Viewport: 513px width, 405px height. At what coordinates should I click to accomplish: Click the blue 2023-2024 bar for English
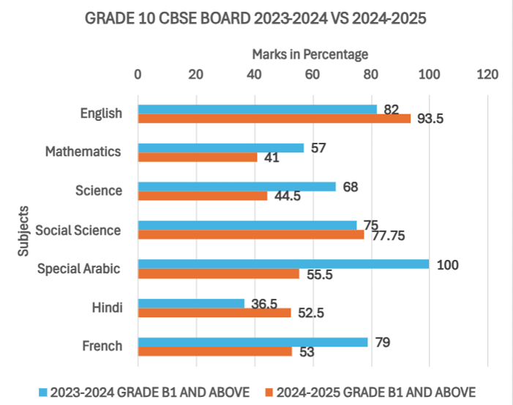click(257, 109)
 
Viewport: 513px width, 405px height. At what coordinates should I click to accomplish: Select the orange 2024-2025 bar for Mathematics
click(198, 157)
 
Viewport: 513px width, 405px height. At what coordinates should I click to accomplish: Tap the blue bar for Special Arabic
click(283, 264)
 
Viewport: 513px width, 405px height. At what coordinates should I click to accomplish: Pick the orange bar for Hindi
click(214, 313)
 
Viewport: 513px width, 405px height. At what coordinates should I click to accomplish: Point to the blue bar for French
click(252, 342)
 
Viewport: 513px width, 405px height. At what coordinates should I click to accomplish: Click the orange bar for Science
click(203, 196)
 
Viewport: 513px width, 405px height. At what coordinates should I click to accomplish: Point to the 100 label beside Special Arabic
click(448, 264)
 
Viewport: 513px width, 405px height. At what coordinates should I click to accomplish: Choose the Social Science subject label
click(79, 230)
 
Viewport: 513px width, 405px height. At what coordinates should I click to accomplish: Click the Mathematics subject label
click(83, 152)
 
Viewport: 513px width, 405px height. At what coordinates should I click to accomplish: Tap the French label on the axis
click(101, 346)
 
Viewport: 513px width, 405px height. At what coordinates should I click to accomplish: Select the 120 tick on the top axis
click(487, 74)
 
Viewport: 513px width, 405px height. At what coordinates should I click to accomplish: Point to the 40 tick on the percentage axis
click(254, 74)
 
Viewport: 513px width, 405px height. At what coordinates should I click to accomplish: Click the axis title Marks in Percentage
click(310, 54)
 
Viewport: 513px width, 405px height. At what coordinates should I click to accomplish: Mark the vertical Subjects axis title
click(24, 230)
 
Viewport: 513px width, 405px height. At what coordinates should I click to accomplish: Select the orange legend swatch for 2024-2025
click(271, 390)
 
